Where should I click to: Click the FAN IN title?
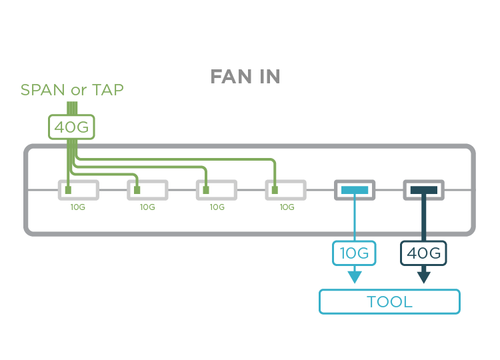(245, 77)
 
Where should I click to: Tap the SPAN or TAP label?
(72, 90)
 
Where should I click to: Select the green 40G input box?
(72, 127)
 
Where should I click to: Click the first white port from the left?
(79, 190)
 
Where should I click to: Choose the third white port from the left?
(217, 190)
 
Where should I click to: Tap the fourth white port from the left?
(286, 190)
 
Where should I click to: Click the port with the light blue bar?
(355, 190)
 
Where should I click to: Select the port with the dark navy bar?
(424, 190)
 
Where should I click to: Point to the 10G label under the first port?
(78, 207)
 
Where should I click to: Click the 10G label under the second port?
(147, 207)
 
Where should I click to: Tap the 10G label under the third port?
(217, 207)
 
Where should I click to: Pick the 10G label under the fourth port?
(287, 207)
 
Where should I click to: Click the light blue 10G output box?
(354, 253)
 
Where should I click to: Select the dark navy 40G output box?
(424, 253)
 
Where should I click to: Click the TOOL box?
(389, 301)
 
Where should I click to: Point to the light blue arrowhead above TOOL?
(354, 277)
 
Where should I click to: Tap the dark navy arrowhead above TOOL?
(424, 277)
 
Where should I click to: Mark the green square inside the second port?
(137, 191)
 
